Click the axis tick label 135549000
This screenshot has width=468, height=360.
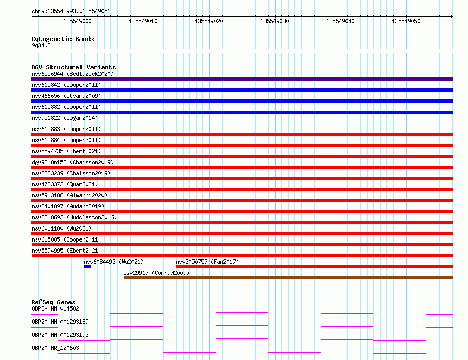click(x=77, y=21)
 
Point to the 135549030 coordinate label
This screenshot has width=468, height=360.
click(x=274, y=21)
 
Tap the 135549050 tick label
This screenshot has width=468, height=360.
click(x=406, y=21)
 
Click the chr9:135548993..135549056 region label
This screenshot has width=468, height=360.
click(x=71, y=11)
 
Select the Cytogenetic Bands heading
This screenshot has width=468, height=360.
click(x=63, y=39)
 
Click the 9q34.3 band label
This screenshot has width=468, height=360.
click(x=41, y=45)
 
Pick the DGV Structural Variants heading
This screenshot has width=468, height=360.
click(x=74, y=67)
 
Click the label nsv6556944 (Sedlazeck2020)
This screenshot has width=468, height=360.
click(x=73, y=74)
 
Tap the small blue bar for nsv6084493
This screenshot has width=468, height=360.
click(x=88, y=267)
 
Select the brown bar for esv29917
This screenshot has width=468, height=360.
click(x=288, y=278)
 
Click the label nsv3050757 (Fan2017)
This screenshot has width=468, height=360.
click(x=207, y=262)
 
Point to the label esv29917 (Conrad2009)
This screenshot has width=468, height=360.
click(x=156, y=273)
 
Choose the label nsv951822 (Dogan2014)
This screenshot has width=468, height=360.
click(x=65, y=118)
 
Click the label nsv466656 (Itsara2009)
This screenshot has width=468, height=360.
click(x=66, y=96)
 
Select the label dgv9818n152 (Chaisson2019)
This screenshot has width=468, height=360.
click(x=73, y=162)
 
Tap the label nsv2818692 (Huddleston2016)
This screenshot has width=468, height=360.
click(x=74, y=217)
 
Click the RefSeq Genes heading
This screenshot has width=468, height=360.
click(x=53, y=302)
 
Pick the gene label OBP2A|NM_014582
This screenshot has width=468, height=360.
click(x=55, y=308)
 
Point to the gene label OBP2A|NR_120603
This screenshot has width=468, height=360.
click(x=55, y=348)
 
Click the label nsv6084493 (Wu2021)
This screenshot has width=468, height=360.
click(x=114, y=262)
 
